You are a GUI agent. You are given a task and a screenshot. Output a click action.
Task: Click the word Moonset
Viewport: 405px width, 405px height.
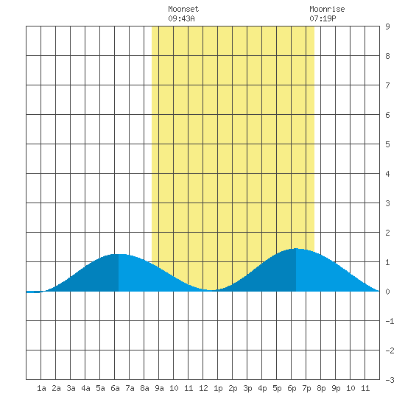(x=183, y=9)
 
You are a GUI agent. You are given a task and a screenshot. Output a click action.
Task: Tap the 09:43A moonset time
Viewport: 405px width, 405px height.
(x=181, y=18)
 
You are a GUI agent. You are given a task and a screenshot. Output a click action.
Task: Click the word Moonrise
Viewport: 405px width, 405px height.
(x=327, y=9)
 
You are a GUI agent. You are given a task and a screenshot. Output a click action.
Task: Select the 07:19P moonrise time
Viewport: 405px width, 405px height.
(x=323, y=18)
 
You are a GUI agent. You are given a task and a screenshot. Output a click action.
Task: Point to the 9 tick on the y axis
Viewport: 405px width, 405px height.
(x=387, y=27)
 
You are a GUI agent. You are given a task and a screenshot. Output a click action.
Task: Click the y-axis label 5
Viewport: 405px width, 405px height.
(x=387, y=144)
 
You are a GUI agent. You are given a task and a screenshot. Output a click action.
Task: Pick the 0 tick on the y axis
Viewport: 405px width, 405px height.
(x=387, y=292)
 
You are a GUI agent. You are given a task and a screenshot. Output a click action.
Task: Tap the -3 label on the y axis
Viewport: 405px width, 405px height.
(x=390, y=380)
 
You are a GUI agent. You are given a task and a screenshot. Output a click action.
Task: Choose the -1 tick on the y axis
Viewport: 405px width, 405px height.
(x=390, y=321)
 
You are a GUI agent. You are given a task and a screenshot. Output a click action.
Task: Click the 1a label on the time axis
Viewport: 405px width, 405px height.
(x=41, y=388)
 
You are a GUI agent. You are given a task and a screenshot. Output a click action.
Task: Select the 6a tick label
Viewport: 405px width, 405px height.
(x=115, y=388)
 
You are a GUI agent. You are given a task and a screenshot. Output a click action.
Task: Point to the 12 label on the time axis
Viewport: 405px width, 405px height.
(x=203, y=388)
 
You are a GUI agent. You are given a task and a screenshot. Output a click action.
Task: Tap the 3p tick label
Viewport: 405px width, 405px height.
(x=247, y=388)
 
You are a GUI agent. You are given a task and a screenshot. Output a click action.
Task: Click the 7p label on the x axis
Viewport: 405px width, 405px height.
(x=306, y=388)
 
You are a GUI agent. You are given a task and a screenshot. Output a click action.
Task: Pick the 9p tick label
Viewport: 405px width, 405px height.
(x=336, y=388)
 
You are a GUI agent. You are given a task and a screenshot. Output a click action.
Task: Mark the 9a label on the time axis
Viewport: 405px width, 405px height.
(x=159, y=388)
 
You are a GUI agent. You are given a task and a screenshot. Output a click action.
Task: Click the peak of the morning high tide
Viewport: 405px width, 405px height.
(x=119, y=254)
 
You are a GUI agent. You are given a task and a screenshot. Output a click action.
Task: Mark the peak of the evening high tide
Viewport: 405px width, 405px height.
(x=296, y=248)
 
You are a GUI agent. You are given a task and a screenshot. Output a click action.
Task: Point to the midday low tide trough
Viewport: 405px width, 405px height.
(x=211, y=290)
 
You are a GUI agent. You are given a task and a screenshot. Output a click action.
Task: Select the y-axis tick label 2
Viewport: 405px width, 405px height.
(x=387, y=233)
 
